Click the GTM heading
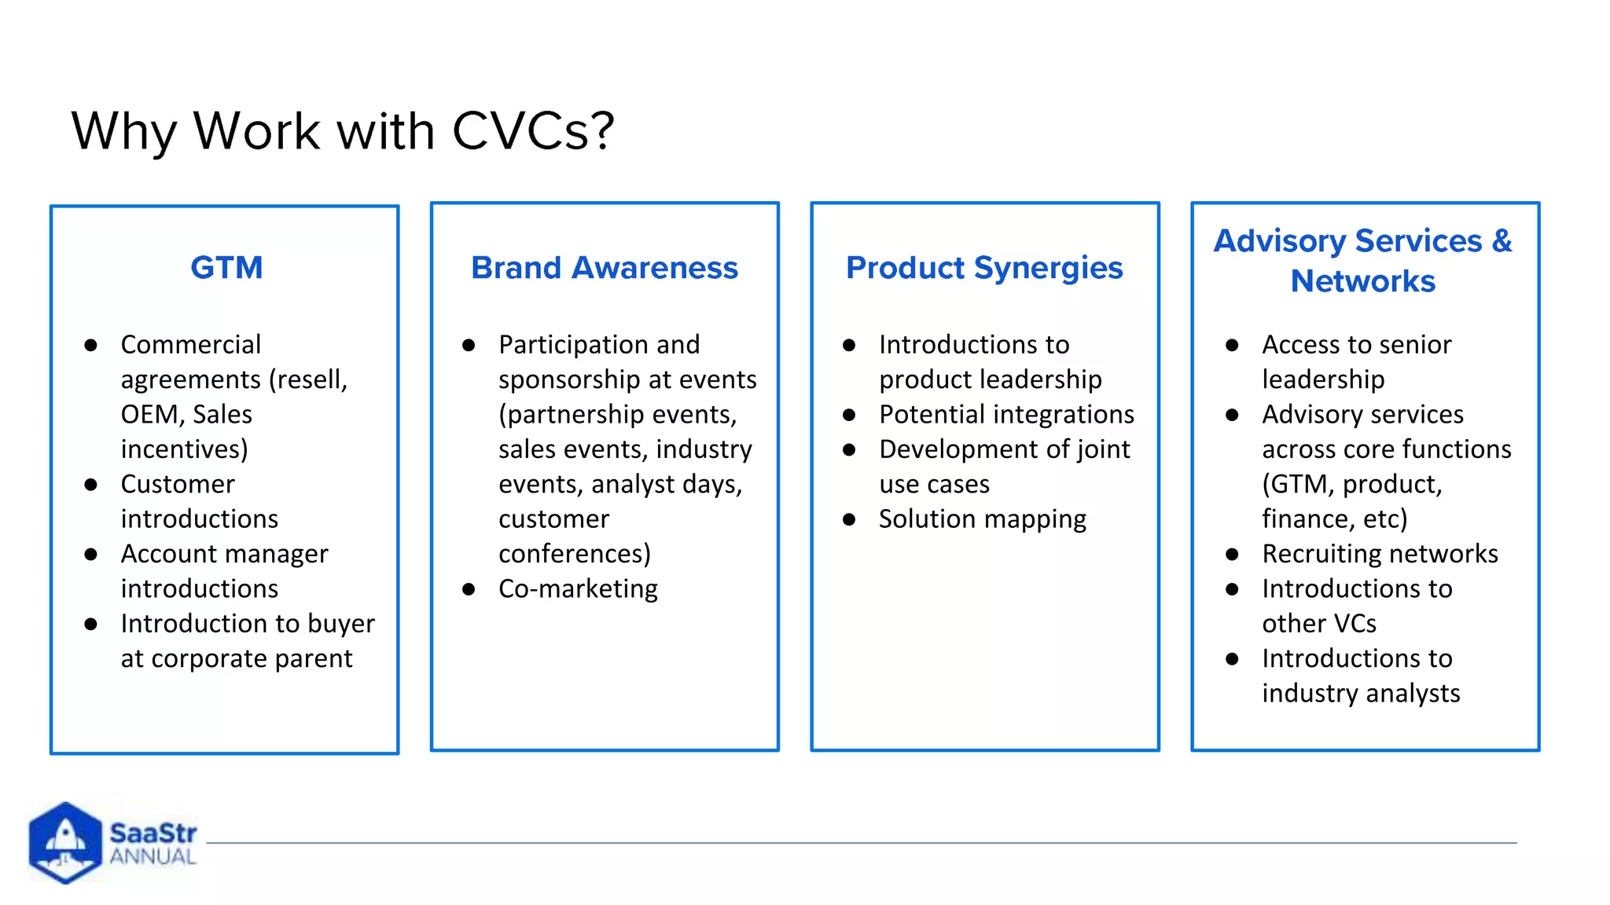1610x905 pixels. click(226, 268)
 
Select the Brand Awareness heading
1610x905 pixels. click(604, 268)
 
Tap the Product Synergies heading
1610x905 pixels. click(984, 268)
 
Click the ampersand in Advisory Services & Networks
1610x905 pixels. click(1502, 240)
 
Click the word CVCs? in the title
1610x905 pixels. click(533, 130)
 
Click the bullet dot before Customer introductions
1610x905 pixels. click(91, 485)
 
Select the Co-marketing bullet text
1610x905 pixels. click(578, 588)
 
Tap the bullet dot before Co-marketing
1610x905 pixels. click(469, 589)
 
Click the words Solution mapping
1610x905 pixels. click(983, 519)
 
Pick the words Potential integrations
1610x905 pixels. click(1006, 414)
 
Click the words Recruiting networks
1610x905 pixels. click(1380, 554)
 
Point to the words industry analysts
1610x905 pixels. click(1361, 694)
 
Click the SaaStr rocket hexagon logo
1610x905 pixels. click(64, 842)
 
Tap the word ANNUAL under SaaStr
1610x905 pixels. click(153, 857)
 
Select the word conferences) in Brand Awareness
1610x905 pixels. click(575, 554)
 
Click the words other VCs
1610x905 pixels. click(1319, 624)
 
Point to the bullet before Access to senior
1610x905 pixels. click(1232, 345)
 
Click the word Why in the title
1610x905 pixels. click(123, 130)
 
